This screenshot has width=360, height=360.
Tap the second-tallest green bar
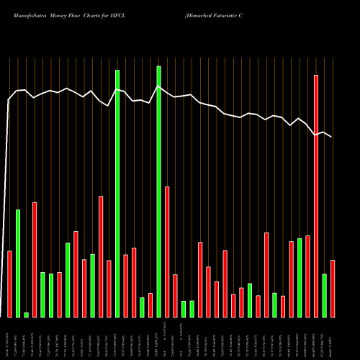117,194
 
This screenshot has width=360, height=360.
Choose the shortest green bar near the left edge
27,315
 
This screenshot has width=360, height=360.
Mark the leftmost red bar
10,284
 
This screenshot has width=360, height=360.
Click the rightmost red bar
332,288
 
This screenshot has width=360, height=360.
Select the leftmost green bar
18,263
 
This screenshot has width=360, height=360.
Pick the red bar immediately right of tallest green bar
167,252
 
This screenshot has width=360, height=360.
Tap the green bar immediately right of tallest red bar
324,295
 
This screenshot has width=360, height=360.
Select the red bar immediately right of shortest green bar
35,259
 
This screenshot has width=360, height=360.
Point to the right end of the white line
332,137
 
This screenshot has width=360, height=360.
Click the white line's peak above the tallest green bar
158,86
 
